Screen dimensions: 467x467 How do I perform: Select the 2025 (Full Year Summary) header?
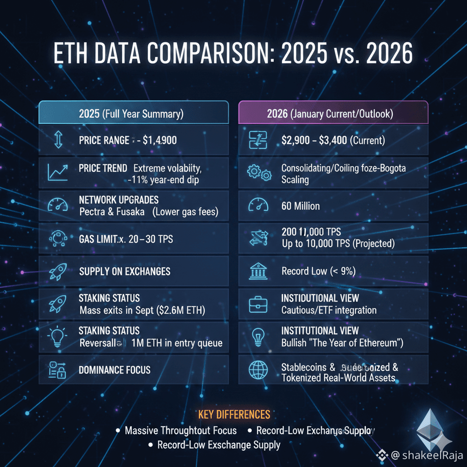point(133,114)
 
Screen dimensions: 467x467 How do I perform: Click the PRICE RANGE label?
point(104,140)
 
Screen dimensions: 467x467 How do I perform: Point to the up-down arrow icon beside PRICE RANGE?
point(57,140)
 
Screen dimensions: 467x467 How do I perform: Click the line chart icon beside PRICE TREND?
point(57,172)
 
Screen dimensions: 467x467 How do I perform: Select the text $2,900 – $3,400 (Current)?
point(333,140)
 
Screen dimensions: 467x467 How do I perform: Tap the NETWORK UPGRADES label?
point(119,200)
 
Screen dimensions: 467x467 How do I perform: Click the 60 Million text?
point(301,206)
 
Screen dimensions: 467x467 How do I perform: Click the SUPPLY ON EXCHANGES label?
point(125,271)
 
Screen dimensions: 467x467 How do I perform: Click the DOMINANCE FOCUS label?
point(114,370)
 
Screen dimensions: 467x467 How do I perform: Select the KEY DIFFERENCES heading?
point(234,415)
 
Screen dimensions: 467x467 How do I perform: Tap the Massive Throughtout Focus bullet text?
point(181,431)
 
